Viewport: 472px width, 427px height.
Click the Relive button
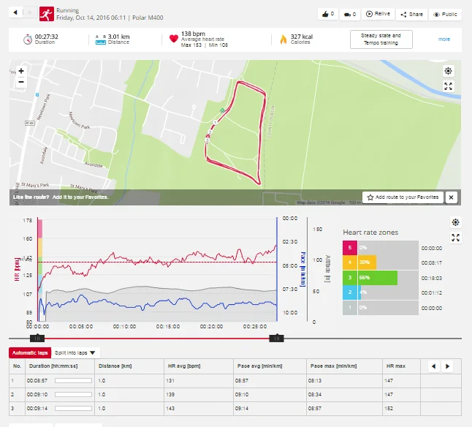[378, 14]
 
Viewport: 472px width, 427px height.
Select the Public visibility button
[446, 14]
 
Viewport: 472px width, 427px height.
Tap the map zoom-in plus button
[21, 71]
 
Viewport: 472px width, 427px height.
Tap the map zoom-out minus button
[21, 82]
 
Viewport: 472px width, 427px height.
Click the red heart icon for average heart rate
[173, 39]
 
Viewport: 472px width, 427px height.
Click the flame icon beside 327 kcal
[283, 39]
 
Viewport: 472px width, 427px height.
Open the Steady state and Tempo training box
[381, 39]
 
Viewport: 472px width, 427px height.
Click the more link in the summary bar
[444, 39]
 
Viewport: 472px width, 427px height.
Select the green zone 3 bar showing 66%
[377, 278]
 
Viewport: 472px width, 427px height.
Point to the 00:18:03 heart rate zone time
[432, 279]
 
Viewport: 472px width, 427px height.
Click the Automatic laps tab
[29, 352]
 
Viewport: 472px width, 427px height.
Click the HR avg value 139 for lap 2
[172, 394]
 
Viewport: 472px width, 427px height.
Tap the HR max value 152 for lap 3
[392, 408]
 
